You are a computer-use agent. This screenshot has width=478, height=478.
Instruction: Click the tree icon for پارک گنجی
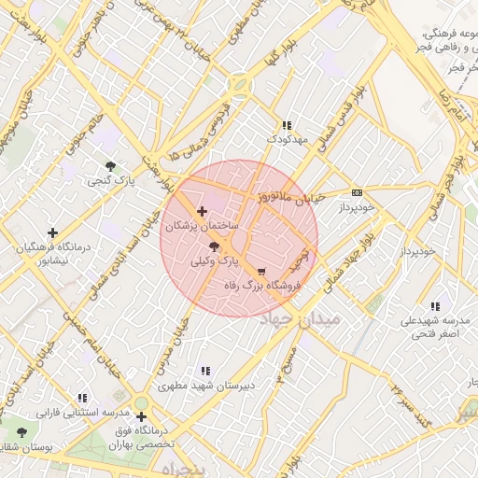coord(110,166)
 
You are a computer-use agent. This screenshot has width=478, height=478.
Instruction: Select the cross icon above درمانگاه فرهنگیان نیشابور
coord(52,232)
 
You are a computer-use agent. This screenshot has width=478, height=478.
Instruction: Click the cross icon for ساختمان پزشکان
coord(203,212)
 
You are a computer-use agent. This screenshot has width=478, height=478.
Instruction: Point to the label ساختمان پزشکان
coord(202,227)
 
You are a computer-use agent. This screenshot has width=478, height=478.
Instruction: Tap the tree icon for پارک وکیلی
coord(216,246)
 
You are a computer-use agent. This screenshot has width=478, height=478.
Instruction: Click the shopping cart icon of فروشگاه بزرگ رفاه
coord(260,272)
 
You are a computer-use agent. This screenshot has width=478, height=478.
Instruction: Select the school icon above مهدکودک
coord(287,125)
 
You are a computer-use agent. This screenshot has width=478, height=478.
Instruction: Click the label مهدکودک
coord(287,139)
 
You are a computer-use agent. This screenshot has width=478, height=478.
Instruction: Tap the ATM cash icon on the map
coord(357,192)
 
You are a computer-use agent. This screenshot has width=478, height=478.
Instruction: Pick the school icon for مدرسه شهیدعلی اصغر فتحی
coord(435,306)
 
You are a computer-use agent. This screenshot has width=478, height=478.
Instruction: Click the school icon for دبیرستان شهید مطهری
coord(205,371)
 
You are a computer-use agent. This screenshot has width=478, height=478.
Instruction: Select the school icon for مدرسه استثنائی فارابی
coord(82,398)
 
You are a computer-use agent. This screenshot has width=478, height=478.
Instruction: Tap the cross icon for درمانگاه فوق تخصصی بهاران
coord(141,417)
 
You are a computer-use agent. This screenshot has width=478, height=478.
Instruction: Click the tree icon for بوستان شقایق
coord(21,433)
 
